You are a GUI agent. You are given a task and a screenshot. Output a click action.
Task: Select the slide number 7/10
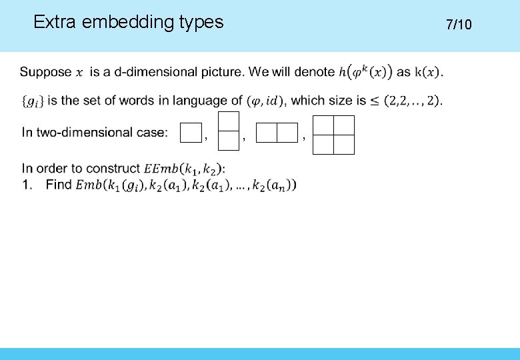(459, 25)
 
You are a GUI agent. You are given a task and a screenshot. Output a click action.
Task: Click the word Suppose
(46, 72)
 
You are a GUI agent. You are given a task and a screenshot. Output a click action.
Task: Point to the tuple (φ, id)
(265, 101)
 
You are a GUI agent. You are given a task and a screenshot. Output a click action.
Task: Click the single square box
(191, 133)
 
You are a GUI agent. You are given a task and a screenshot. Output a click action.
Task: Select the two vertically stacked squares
(229, 131)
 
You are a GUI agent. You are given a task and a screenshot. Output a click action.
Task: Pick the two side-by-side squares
(277, 133)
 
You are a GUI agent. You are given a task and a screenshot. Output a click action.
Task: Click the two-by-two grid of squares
(334, 135)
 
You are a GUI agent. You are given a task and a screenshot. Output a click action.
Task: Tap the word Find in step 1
(59, 185)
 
